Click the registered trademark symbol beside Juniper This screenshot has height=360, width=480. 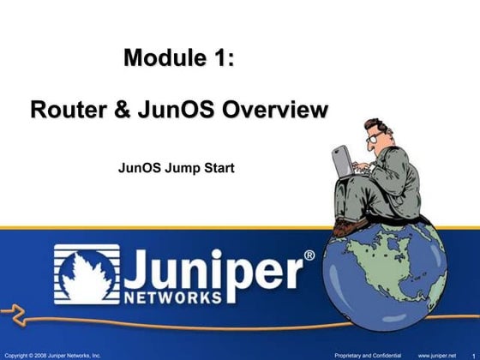click(x=309, y=255)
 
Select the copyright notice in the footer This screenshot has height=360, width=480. click(x=53, y=353)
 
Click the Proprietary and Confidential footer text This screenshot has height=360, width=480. click(x=366, y=353)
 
